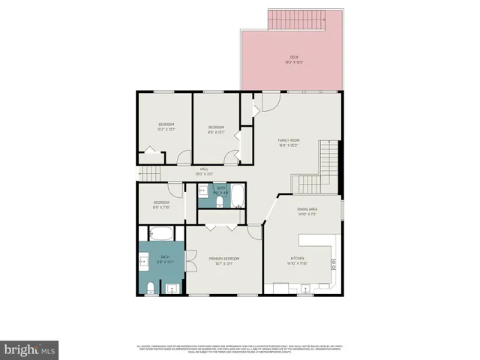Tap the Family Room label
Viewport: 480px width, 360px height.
[289, 143]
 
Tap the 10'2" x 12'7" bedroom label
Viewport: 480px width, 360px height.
[166, 127]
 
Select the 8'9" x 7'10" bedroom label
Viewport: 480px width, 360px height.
[161, 205]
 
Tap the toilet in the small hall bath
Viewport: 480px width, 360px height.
[220, 200]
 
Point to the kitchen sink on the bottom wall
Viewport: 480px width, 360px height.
[306, 288]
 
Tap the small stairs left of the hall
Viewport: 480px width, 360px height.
[150, 174]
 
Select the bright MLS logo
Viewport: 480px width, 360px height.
[29, 349]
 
